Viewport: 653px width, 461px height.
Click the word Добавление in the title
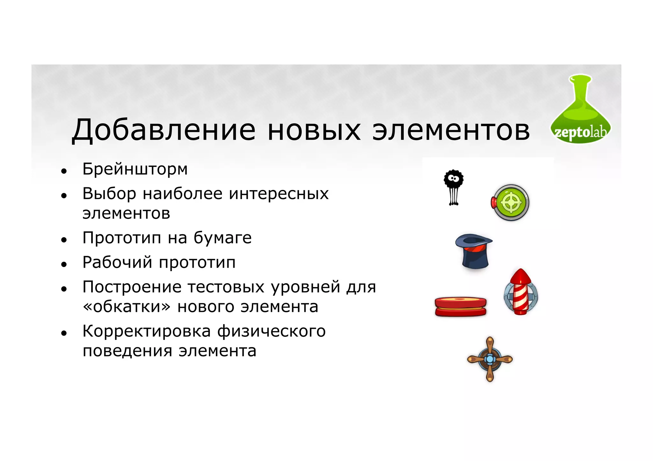[x=164, y=130]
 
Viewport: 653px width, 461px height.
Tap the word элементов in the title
[x=451, y=131]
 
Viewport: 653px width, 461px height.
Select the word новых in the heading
[x=314, y=131]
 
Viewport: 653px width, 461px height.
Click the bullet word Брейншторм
[x=135, y=169]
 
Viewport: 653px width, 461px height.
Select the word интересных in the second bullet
[x=279, y=194]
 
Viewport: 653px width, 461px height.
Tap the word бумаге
[x=223, y=238]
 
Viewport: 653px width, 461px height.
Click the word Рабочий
[x=117, y=263]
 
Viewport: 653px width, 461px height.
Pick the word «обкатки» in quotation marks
[x=127, y=307]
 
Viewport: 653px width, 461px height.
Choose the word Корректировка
[x=147, y=331]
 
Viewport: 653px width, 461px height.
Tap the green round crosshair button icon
[x=511, y=203]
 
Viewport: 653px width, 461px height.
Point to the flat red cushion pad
[x=460, y=306]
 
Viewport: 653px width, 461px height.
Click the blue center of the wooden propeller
[x=489, y=359]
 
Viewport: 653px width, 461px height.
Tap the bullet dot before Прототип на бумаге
[x=64, y=240]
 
